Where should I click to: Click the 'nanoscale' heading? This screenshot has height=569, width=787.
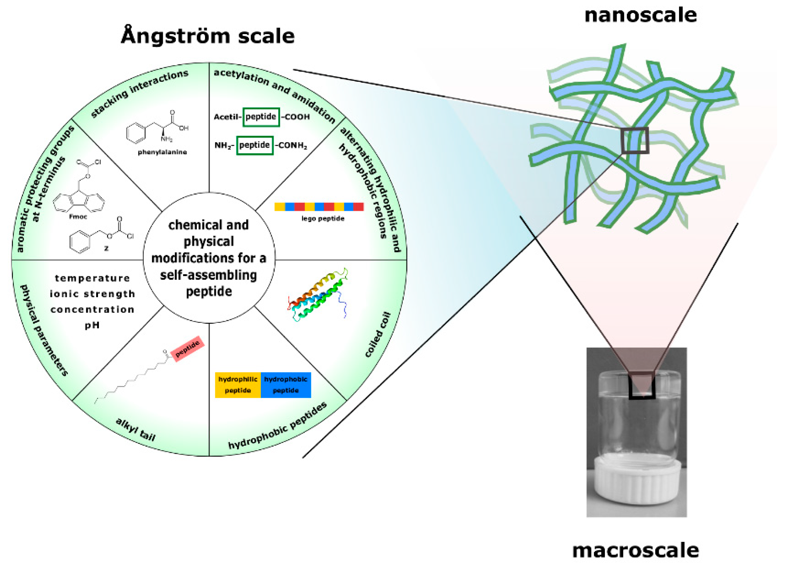tap(640, 16)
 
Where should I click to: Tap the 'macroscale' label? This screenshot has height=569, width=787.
tap(635, 551)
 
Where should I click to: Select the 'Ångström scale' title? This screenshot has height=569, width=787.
tap(207, 36)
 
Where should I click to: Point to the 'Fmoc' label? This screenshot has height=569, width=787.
tap(78, 217)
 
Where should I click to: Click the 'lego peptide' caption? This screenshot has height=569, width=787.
tap(323, 218)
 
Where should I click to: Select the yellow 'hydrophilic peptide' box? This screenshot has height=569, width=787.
tap(238, 385)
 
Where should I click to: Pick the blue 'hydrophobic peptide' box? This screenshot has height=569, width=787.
tap(286, 385)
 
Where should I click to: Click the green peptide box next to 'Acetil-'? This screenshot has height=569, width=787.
tap(261, 117)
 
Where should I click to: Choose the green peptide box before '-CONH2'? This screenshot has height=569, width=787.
tap(254, 145)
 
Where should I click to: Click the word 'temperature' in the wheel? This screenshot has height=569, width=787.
tap(92, 278)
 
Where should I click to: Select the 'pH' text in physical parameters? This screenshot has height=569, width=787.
tap(92, 325)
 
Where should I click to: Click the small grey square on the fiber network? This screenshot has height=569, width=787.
tap(635, 141)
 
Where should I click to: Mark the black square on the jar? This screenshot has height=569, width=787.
tap(642, 385)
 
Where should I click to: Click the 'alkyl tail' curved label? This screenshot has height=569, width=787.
tap(136, 429)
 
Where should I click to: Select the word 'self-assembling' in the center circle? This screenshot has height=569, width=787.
tap(209, 275)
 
